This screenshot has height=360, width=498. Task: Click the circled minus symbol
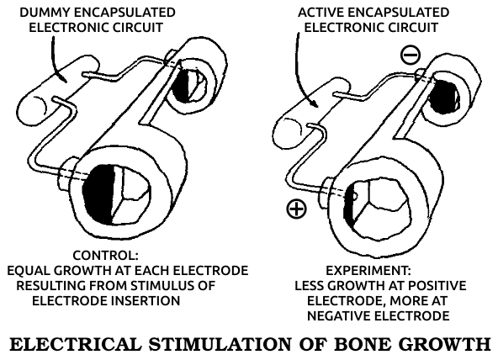(x=411, y=55)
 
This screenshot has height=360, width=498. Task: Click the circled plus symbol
(x=296, y=209)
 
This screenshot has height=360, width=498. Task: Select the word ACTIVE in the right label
(x=321, y=13)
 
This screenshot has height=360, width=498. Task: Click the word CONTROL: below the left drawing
(x=105, y=255)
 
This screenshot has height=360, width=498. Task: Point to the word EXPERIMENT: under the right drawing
(x=368, y=271)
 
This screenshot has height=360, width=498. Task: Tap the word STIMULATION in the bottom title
(x=220, y=344)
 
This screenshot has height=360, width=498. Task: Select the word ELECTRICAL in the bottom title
(x=75, y=344)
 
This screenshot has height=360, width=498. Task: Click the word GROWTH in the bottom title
(x=443, y=344)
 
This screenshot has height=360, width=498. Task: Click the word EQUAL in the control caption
(x=28, y=271)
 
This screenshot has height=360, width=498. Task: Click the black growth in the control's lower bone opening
(x=98, y=193)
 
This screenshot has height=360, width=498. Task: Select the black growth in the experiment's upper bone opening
(x=442, y=97)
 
